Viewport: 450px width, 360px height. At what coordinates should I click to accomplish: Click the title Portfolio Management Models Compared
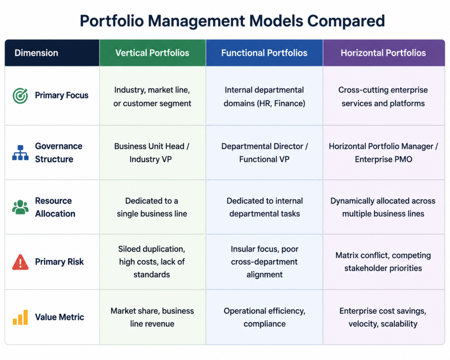[232, 21]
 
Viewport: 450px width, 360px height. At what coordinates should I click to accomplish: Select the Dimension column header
[36, 53]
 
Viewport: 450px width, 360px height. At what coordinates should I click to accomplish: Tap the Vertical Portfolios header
[152, 53]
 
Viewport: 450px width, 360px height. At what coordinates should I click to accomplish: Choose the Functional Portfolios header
[264, 53]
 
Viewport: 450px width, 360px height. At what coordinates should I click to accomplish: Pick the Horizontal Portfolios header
[383, 53]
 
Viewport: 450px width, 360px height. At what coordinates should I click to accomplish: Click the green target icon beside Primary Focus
[20, 95]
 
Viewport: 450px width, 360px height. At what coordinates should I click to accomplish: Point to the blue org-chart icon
[20, 153]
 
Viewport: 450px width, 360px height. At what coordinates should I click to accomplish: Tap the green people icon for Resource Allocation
[20, 207]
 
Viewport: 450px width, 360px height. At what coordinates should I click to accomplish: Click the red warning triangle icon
[20, 262]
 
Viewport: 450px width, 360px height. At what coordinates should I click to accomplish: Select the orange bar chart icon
[20, 317]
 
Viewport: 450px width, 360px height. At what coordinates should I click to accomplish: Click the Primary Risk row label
[59, 262]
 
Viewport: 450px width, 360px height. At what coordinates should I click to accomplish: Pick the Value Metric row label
[60, 317]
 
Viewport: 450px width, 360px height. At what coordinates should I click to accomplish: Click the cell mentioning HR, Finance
[264, 96]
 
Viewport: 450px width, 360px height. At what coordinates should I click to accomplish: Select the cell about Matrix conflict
[383, 262]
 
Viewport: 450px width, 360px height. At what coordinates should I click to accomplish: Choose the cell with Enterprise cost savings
[383, 317]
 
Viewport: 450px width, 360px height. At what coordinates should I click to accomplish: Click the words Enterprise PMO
[383, 159]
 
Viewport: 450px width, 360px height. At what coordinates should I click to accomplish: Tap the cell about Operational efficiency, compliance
[265, 317]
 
